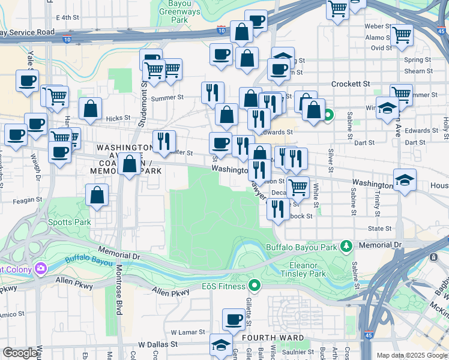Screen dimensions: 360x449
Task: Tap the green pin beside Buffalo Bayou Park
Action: coord(346,245)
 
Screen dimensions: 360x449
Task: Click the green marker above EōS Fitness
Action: coord(255,286)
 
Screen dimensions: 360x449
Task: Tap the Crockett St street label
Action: coord(351,85)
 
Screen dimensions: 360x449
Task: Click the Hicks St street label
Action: coord(118,119)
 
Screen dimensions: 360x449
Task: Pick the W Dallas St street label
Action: coord(158,345)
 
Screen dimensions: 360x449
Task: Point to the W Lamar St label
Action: coord(187,332)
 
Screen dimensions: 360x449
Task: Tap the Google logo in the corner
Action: coord(20,353)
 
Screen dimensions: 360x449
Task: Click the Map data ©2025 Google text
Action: coord(412,355)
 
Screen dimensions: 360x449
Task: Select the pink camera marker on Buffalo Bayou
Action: coord(41,268)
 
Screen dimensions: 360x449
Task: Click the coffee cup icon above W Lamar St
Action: coord(234,319)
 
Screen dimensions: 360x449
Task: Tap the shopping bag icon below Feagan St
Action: coord(97,195)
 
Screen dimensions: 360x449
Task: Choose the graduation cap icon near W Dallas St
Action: coord(221,345)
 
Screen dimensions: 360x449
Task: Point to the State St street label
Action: coord(380,229)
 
